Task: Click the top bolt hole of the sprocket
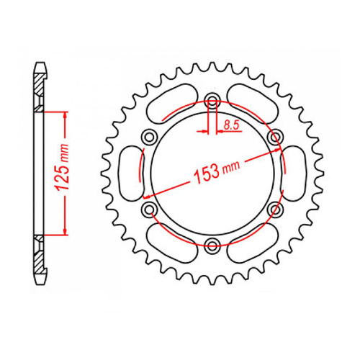point(213,100)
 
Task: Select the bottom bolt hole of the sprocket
point(213,246)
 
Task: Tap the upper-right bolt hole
point(276,136)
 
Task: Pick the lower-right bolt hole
point(276,209)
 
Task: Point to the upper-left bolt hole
point(150,136)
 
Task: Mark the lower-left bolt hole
point(150,210)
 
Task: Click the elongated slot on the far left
point(132,173)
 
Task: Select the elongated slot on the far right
point(295,173)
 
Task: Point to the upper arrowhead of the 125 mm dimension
point(66,115)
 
